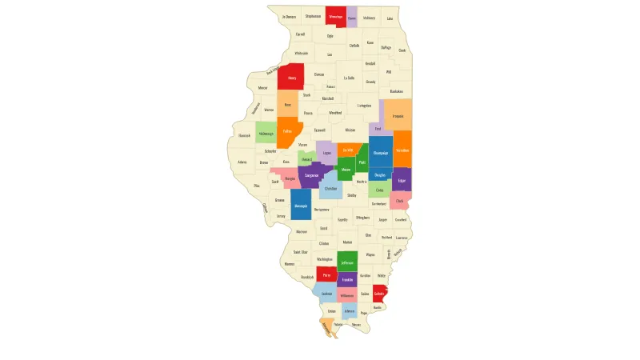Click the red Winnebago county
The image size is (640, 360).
point(335,17)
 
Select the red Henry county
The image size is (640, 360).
point(291,78)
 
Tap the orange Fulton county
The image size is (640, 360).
point(287,130)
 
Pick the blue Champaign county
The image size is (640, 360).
point(381,152)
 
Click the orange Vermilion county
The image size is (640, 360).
point(402,150)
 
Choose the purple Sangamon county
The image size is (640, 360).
point(311,174)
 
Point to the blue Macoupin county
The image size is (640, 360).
point(301,206)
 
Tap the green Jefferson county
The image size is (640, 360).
point(346,262)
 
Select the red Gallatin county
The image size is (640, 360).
point(379,294)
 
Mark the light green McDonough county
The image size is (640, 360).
point(266,134)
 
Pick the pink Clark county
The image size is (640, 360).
point(400,201)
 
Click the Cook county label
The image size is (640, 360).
point(402,50)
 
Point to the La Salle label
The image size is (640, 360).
point(349,78)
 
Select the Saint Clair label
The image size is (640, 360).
point(300,252)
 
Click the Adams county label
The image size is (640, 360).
point(242,162)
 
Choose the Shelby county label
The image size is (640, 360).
point(352,194)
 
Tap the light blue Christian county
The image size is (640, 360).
point(331,189)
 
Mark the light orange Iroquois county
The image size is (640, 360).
point(398,115)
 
